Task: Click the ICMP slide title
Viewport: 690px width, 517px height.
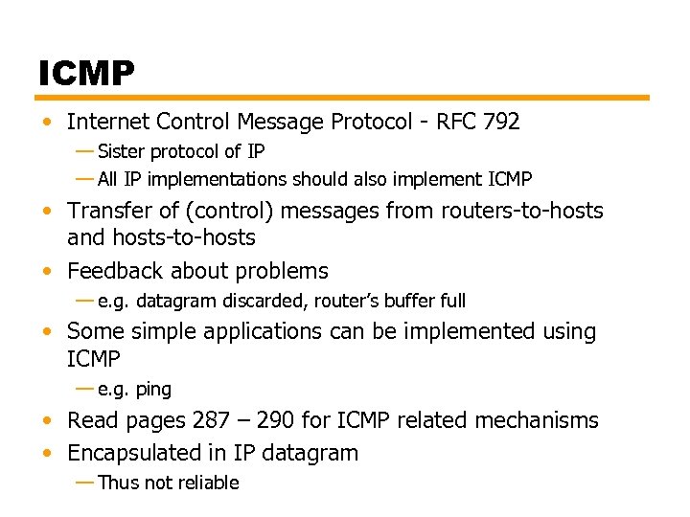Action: pos(87,72)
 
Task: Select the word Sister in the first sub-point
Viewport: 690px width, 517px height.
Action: pos(121,151)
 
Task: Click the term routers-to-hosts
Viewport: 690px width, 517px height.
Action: pos(521,211)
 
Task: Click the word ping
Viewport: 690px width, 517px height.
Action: pos(153,389)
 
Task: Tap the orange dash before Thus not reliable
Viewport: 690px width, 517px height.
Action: pos(84,482)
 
